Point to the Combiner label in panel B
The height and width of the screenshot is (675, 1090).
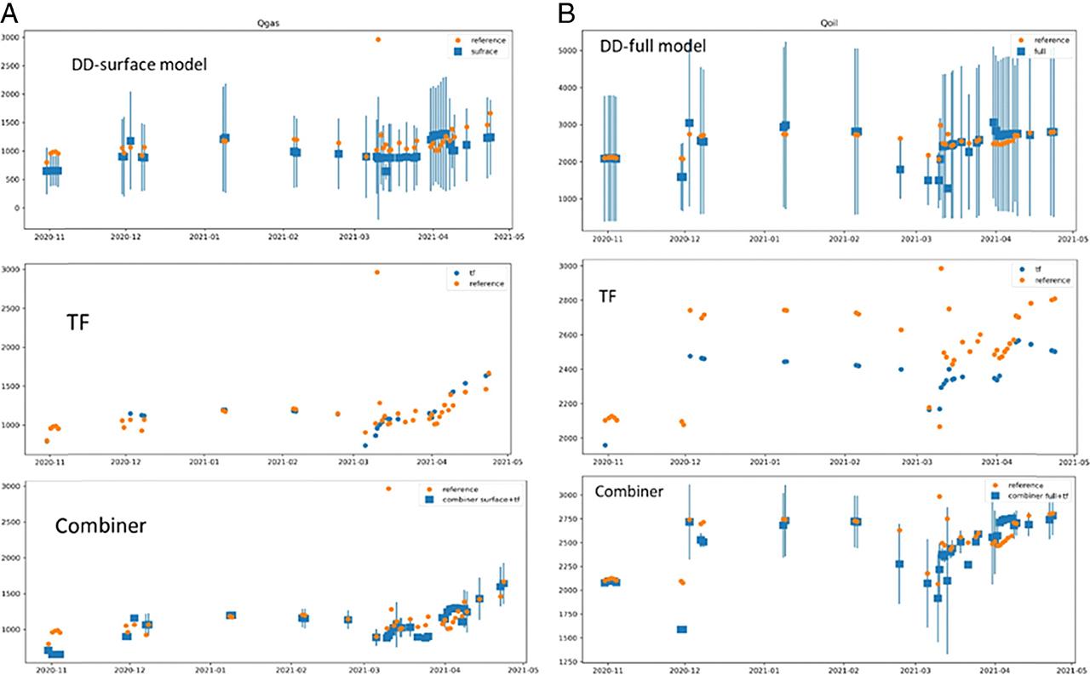(629, 491)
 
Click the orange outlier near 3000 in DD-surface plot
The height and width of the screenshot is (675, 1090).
(377, 39)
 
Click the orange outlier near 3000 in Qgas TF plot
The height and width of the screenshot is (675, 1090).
(377, 272)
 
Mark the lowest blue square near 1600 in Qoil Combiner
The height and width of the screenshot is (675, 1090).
(682, 629)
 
